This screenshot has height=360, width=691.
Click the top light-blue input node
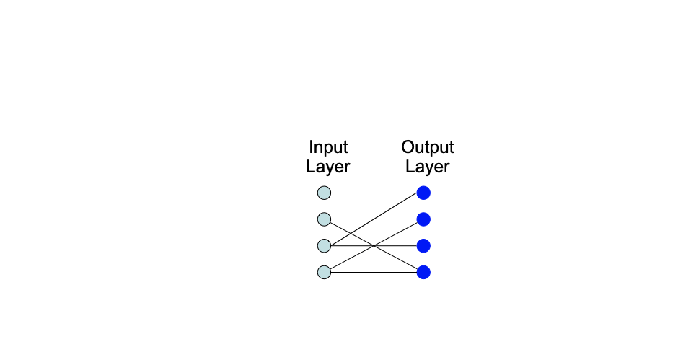pyautogui.click(x=324, y=193)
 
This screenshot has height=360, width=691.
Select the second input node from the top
pyautogui.click(x=324, y=219)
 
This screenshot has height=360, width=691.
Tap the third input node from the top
pyautogui.click(x=324, y=246)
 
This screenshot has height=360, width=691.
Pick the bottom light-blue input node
pyautogui.click(x=324, y=272)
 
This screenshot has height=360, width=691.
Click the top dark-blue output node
pyautogui.click(x=423, y=193)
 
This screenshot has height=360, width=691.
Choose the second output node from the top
pyautogui.click(x=423, y=219)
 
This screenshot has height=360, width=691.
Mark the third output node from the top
pyautogui.click(x=423, y=246)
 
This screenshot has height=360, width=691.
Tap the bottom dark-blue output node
pyautogui.click(x=423, y=272)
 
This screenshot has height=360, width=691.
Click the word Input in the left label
pyautogui.click(x=328, y=148)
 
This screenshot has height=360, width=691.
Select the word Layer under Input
pyautogui.click(x=327, y=167)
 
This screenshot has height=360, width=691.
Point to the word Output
pyautogui.click(x=428, y=148)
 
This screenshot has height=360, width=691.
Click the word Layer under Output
pyautogui.click(x=427, y=167)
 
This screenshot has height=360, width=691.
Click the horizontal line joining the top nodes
pyautogui.click(x=374, y=193)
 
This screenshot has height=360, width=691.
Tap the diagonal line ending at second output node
pyautogui.click(x=397, y=233)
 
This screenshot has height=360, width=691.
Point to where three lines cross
pyautogui.click(x=374, y=246)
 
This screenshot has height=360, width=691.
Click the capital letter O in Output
pyautogui.click(x=408, y=148)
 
